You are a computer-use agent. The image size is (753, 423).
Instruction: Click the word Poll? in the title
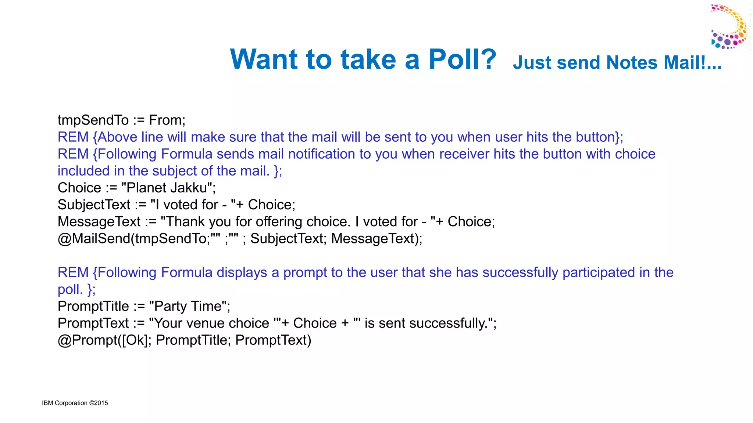coord(463,59)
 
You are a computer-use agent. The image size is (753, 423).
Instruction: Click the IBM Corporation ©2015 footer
coord(75,403)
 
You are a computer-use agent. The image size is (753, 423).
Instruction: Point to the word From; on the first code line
coord(167,120)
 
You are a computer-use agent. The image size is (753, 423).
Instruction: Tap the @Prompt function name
coord(87,340)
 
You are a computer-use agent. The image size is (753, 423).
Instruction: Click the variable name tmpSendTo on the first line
coord(93,120)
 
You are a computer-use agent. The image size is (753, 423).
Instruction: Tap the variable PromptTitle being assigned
coord(93,306)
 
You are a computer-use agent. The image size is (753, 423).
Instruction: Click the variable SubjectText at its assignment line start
coord(94,205)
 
